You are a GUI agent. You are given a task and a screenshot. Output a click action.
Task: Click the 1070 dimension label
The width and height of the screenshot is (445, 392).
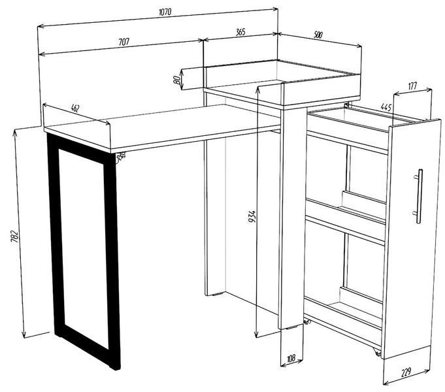pos(165,12)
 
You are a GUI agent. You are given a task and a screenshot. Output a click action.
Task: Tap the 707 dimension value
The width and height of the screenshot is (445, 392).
pos(124,42)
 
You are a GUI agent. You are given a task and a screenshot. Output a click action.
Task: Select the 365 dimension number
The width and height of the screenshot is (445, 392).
pos(240,32)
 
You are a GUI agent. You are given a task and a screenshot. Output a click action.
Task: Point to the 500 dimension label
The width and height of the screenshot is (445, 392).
pos(318,35)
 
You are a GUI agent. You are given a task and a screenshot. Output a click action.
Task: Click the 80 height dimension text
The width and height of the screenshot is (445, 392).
pos(176,80)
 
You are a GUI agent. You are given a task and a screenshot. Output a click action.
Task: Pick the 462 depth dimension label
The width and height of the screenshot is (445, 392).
pos(75,108)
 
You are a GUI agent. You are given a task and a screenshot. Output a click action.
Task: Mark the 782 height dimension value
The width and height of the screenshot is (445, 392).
pos(14,237)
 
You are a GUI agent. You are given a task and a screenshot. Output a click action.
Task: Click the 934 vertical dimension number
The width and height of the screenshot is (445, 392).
pos(252,216)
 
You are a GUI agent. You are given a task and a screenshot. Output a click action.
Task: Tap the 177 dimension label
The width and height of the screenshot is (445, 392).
pos(412,86)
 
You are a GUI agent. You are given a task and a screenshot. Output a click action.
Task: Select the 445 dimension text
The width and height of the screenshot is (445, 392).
pos(386,107)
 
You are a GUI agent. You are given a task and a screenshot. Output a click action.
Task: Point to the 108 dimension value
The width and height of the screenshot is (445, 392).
pos(291,359)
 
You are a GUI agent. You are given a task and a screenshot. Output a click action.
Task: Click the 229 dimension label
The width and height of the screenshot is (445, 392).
pos(406,372)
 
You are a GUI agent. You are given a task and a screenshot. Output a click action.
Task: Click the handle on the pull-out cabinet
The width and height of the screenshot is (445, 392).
pos(418,196)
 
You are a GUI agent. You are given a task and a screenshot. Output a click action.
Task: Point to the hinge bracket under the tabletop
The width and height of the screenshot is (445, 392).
pos(121,157)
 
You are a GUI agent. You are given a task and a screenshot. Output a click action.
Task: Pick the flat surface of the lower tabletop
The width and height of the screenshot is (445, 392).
pos(162,125)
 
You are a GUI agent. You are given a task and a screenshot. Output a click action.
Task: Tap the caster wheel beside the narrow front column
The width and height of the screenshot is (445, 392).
pos(307,322)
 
